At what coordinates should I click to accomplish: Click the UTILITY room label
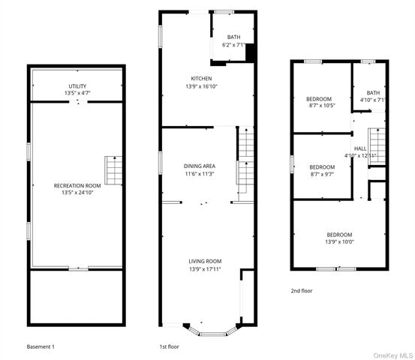click(x=77, y=86)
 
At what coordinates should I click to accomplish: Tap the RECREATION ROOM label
click(x=77, y=185)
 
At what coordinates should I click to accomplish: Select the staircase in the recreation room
click(x=113, y=170)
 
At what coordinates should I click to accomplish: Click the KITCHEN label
click(x=201, y=79)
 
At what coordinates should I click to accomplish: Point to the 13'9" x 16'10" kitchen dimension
click(x=201, y=86)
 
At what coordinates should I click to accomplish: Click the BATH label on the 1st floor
click(x=233, y=37)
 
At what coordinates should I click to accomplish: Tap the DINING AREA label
click(x=200, y=166)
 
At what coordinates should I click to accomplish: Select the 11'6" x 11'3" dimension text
click(x=200, y=173)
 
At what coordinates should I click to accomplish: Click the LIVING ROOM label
click(x=205, y=261)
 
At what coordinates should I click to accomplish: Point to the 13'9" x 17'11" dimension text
click(x=205, y=268)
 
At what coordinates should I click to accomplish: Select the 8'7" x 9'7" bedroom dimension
click(x=322, y=174)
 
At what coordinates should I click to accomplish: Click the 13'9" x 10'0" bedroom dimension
click(x=338, y=242)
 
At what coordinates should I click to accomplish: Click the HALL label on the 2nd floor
click(x=360, y=148)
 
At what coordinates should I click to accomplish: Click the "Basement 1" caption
click(x=41, y=347)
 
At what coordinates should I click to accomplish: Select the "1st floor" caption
click(x=169, y=347)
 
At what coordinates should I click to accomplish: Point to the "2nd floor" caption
click(x=302, y=290)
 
